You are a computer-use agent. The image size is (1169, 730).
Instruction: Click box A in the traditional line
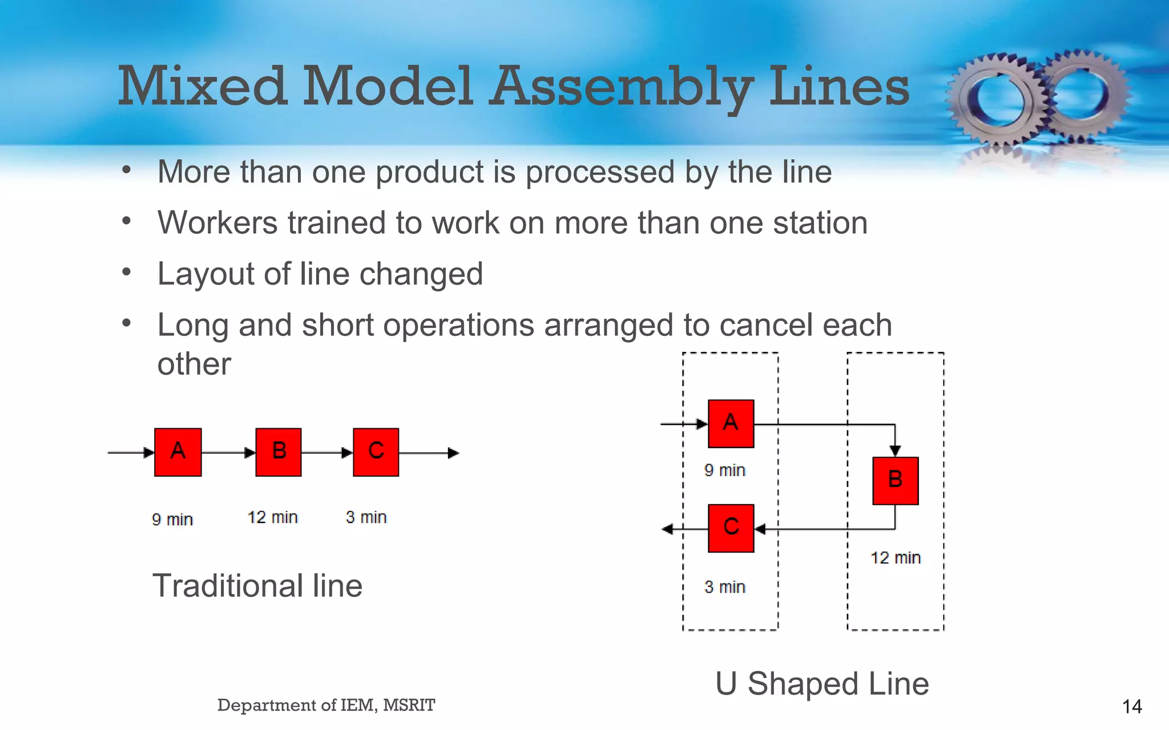(178, 452)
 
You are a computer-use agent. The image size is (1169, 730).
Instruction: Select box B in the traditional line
(278, 452)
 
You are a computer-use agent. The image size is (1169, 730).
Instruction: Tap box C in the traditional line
(376, 452)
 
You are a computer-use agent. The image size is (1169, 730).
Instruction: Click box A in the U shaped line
(731, 423)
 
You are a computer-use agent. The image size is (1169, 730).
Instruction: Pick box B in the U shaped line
(895, 480)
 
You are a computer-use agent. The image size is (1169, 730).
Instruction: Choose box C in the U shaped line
(731, 528)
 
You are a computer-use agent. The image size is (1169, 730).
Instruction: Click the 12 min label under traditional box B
(272, 517)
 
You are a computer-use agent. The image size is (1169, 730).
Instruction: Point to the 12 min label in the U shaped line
(895, 557)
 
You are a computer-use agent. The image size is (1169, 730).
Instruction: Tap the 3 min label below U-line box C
(724, 586)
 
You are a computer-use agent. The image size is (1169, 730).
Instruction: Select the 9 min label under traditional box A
(172, 519)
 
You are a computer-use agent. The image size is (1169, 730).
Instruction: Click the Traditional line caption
(257, 586)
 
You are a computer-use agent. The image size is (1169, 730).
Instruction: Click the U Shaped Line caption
(822, 683)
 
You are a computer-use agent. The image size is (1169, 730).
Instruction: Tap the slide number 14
(1131, 707)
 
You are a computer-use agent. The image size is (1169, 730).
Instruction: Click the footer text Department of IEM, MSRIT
(326, 705)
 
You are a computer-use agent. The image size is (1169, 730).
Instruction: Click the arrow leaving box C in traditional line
(428, 453)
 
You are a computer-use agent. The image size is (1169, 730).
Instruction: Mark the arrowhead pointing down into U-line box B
(895, 451)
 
